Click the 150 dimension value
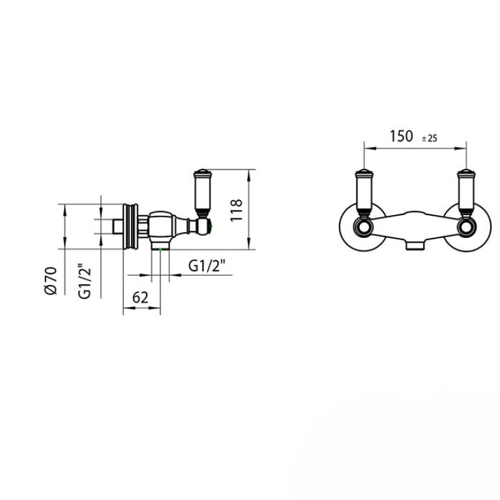pyautogui.click(x=401, y=136)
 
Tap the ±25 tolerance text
pyautogui.click(x=430, y=138)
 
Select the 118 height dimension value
pyautogui.click(x=236, y=210)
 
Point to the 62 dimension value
pyautogui.click(x=140, y=298)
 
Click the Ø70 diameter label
pyautogui.click(x=51, y=280)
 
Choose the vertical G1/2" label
pyautogui.click(x=85, y=281)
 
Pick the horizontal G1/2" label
pyautogui.click(x=207, y=265)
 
